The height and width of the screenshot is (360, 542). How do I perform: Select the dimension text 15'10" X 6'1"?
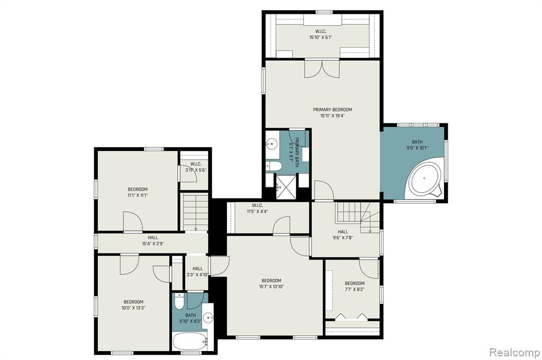(x=321, y=38)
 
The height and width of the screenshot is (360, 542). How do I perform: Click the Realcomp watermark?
(x=514, y=353)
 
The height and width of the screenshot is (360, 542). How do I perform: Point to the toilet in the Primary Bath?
(x=274, y=166)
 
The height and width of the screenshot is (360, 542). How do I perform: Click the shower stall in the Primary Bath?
(x=285, y=187)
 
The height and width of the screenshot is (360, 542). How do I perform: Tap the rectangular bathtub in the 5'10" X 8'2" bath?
(x=190, y=341)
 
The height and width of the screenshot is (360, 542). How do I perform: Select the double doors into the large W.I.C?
(x=322, y=69)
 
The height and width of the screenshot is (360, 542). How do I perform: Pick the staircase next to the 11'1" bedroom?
(x=195, y=212)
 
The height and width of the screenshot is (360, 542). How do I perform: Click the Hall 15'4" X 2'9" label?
(x=153, y=240)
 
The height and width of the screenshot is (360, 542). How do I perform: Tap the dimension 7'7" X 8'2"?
(x=355, y=289)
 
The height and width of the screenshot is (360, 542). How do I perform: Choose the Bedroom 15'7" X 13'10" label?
(x=272, y=283)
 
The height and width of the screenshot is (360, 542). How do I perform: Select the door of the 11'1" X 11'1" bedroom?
(x=133, y=222)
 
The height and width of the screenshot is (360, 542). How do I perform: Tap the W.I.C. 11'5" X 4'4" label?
(x=257, y=208)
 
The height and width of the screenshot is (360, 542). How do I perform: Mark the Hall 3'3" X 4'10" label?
(x=197, y=272)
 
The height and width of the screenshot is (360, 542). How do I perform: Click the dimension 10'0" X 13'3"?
(x=133, y=308)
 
